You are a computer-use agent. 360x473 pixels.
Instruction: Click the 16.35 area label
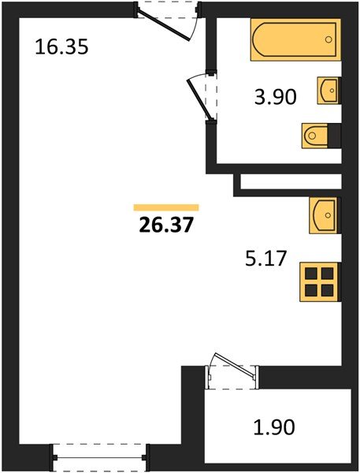tap(61, 47)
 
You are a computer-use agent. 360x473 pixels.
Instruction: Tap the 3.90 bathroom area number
tap(275, 97)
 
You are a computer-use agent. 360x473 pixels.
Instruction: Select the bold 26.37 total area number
tap(165, 225)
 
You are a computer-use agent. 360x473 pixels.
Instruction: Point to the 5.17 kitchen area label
tap(265, 259)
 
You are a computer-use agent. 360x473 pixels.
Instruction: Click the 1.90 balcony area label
tap(274, 426)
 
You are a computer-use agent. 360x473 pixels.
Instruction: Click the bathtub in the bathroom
tap(295, 39)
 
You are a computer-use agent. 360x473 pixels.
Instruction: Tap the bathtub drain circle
tap(328, 39)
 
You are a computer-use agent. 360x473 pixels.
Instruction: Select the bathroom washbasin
tap(328, 91)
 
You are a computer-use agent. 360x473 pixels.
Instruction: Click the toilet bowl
tap(314, 136)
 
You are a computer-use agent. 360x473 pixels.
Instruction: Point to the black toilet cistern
tap(334, 136)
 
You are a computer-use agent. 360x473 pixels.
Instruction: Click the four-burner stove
tap(320, 281)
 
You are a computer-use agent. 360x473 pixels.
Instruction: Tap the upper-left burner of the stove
tap(311, 274)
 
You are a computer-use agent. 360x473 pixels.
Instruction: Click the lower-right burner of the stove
tap(328, 290)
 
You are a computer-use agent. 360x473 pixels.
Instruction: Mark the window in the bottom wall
tap(99, 457)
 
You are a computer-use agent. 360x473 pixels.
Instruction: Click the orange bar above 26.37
tap(166, 207)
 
